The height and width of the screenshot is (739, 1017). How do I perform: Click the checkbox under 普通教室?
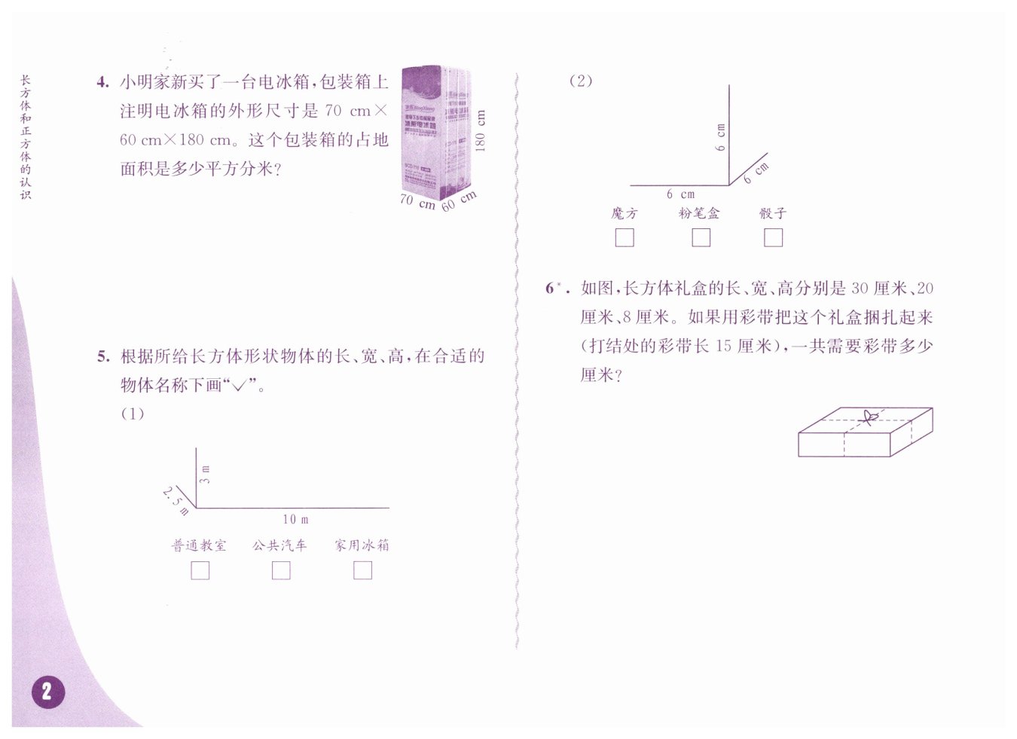[x=200, y=570]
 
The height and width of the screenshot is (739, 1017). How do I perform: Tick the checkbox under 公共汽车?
[x=281, y=570]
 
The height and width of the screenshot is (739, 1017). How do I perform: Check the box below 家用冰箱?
[x=362, y=570]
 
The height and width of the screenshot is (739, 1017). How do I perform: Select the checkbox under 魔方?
[x=625, y=237]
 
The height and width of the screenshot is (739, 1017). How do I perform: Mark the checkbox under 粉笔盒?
[x=701, y=237]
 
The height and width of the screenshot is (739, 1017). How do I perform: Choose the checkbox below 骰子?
[x=773, y=237]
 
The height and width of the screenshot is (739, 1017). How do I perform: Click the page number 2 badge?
[x=47, y=692]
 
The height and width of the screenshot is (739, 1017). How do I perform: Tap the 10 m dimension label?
[x=295, y=519]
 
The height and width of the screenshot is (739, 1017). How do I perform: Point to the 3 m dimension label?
[x=205, y=474]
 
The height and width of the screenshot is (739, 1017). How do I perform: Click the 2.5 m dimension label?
[x=176, y=501]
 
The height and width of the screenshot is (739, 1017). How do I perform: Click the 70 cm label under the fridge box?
[x=417, y=201]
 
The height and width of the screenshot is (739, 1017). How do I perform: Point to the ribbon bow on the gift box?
[x=869, y=417]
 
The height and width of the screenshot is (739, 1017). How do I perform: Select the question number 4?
[x=102, y=82]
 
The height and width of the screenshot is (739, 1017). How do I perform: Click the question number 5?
[x=103, y=357]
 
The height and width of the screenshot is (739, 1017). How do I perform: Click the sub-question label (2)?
[x=580, y=81]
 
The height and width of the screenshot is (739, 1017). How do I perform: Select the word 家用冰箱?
[x=362, y=545]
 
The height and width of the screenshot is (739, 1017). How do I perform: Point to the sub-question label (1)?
[x=133, y=414]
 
